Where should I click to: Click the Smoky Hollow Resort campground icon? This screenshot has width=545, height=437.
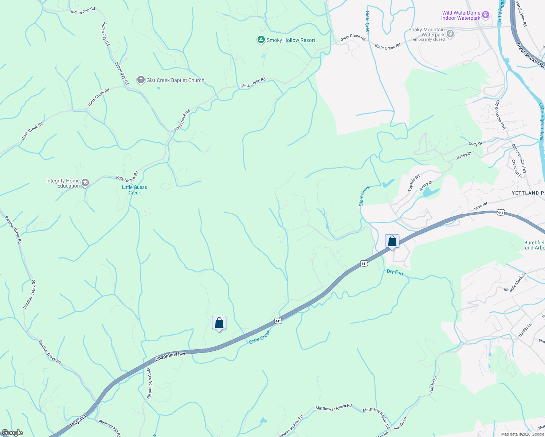pyautogui.click(x=261, y=40)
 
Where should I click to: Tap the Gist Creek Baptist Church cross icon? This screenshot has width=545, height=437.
pyautogui.click(x=141, y=80)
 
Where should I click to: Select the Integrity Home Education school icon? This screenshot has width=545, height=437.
pyautogui.click(x=85, y=183)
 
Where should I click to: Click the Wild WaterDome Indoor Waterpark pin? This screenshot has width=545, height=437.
pyautogui.click(x=485, y=15)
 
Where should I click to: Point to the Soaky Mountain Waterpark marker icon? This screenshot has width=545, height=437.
pyautogui.click(x=450, y=34)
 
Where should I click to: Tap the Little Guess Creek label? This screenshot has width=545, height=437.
pyautogui.click(x=134, y=190)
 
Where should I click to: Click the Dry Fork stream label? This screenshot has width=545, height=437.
pyautogui.click(x=395, y=272)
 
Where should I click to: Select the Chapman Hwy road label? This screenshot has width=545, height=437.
pyautogui.click(x=170, y=356)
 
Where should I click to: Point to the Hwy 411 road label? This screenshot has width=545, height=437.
pyautogui.click(x=79, y=421)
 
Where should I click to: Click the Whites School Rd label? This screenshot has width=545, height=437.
pyautogui.click(x=149, y=383)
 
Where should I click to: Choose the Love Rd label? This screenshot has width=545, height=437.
pyautogui.click(x=480, y=206)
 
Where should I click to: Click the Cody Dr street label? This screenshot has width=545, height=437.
pyautogui.click(x=475, y=144)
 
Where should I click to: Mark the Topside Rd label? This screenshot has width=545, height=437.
pyautogui.click(x=414, y=183)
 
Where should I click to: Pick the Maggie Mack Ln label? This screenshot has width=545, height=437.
pyautogui.click(x=515, y=283)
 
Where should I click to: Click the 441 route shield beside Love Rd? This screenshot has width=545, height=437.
pyautogui.click(x=501, y=213)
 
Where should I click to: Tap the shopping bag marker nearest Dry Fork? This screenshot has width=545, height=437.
pyautogui.click(x=392, y=241)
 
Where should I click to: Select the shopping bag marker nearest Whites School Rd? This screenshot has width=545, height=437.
pyautogui.click(x=219, y=323)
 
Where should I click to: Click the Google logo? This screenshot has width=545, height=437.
pyautogui.click(x=12, y=433)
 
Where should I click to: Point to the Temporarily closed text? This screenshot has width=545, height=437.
pyautogui.click(x=428, y=40)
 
